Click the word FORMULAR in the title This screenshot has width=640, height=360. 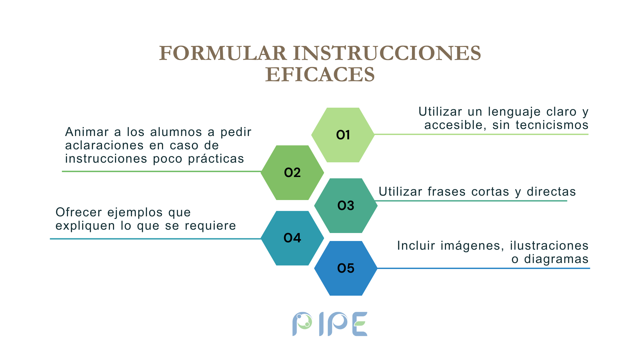click(x=223, y=53)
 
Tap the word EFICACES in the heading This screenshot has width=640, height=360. click(x=320, y=74)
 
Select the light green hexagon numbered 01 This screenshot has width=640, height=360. click(x=343, y=135)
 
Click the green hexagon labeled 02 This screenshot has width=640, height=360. click(x=292, y=173)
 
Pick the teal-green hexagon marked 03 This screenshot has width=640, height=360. click(x=346, y=205)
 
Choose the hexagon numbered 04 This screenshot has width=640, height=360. click(x=292, y=238)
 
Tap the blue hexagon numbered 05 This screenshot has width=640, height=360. click(x=346, y=268)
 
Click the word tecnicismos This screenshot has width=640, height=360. click(x=552, y=125)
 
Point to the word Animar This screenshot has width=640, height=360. click(x=87, y=132)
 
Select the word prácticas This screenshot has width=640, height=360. click(x=216, y=159)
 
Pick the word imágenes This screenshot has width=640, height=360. click(x=472, y=246)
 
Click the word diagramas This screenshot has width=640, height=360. click(x=556, y=259)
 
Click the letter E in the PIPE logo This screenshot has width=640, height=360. click(x=360, y=324)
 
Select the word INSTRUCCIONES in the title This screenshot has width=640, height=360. click(x=387, y=53)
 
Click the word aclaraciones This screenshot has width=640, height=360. click(x=104, y=145)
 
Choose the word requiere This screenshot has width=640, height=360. click(x=210, y=226)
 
